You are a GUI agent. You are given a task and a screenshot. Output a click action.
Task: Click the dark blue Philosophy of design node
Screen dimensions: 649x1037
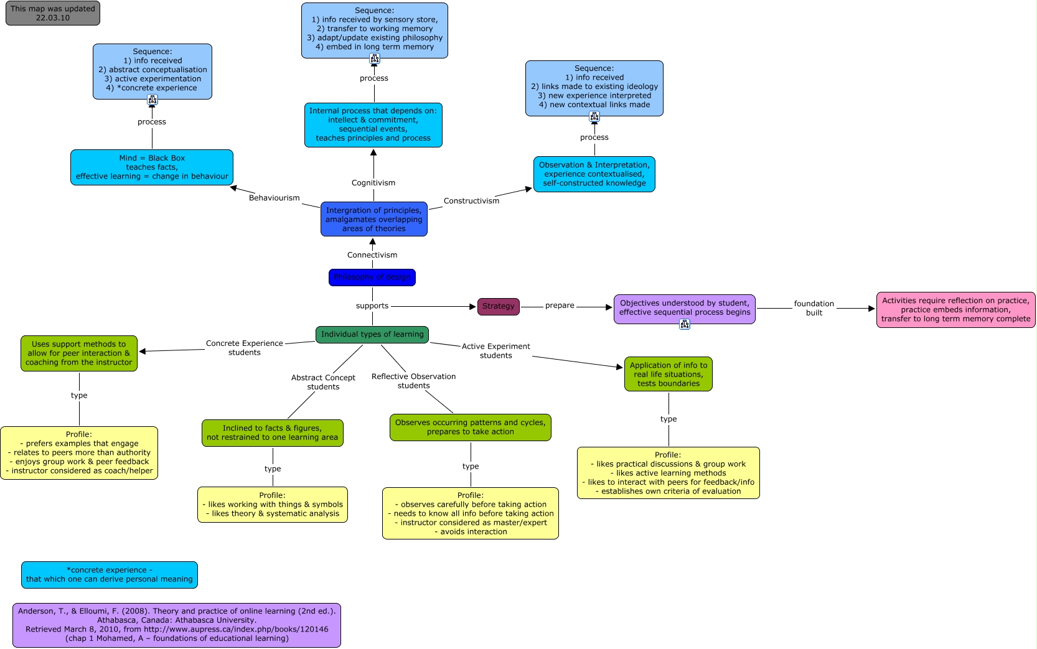pos(372,278)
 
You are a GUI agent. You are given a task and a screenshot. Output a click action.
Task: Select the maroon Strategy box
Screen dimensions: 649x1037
pos(498,306)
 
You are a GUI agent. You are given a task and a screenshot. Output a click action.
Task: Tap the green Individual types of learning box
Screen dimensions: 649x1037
pos(372,335)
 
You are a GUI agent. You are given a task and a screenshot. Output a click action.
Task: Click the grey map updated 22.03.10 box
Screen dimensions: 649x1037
pos(53,14)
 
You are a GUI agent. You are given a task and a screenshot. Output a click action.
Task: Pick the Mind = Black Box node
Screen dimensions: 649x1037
pos(152,167)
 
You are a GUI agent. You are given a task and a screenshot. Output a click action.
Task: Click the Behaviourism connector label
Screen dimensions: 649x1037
pos(274,198)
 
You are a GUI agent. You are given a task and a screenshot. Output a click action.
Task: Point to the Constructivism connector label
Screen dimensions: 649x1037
pos(471,201)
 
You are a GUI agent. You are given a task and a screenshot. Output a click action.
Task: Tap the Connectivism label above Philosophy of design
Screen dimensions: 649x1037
pos(372,255)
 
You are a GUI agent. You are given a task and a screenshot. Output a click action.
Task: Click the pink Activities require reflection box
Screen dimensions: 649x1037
pos(955,310)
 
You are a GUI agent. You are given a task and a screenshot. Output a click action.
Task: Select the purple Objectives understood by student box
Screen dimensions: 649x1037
pos(684,309)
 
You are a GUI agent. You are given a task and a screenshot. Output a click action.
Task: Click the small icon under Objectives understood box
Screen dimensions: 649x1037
pos(685,324)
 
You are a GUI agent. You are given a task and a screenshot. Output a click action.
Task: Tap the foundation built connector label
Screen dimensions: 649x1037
pos(814,308)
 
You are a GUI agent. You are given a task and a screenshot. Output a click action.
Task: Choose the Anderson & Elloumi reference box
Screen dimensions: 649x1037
pos(177,625)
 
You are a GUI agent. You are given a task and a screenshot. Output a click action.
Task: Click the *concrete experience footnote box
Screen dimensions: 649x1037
pos(110,575)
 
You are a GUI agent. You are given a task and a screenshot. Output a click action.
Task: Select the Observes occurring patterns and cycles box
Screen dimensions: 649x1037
pos(470,427)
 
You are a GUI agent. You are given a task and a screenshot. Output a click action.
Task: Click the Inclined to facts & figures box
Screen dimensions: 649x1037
pos(272,433)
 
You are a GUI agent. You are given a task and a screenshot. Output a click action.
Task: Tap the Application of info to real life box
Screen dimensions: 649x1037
pos(668,374)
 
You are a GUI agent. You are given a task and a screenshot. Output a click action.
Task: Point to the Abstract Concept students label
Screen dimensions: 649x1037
pos(323,382)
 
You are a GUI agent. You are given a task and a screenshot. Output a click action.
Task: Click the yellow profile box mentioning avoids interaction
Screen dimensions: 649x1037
pos(470,513)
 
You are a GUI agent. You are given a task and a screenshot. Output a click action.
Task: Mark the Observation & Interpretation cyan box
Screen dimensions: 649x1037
pos(594,174)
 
